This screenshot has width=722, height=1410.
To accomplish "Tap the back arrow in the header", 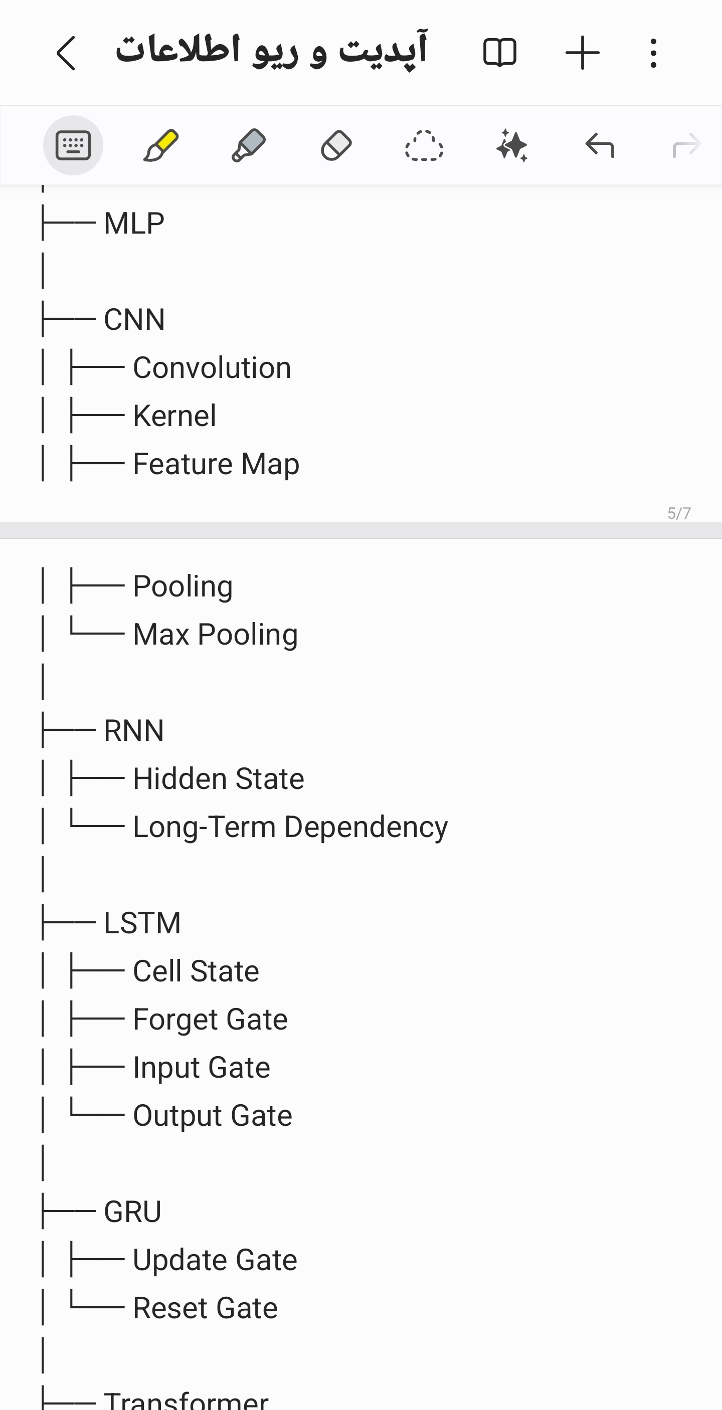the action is (x=66, y=53).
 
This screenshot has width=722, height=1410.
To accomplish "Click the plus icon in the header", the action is (x=583, y=53).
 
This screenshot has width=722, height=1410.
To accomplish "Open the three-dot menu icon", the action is (x=653, y=53).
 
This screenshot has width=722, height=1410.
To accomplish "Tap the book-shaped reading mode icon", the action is (x=500, y=53).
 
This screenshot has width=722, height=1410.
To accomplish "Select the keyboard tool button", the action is (x=73, y=145).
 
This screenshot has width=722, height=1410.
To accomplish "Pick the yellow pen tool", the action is (x=161, y=145).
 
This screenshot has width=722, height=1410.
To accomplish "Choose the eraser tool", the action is (x=336, y=145).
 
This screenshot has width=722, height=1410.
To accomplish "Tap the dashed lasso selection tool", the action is (x=424, y=145).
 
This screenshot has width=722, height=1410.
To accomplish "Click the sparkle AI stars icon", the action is (x=512, y=145).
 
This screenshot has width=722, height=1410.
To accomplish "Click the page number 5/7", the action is (x=679, y=513).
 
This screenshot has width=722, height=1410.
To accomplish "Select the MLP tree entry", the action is (x=134, y=224).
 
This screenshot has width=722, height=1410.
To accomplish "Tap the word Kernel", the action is (x=174, y=416).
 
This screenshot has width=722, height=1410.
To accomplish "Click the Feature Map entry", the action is (x=216, y=464).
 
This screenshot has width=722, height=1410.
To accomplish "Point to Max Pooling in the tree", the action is (x=216, y=635).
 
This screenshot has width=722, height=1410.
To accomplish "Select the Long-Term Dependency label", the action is (x=291, y=827).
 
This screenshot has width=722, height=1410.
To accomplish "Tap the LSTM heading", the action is (x=142, y=923).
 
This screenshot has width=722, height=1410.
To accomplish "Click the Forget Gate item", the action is (x=211, y=1020).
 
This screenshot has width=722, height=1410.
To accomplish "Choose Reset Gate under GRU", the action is (x=206, y=1308).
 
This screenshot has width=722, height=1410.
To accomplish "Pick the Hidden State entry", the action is (x=219, y=779).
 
